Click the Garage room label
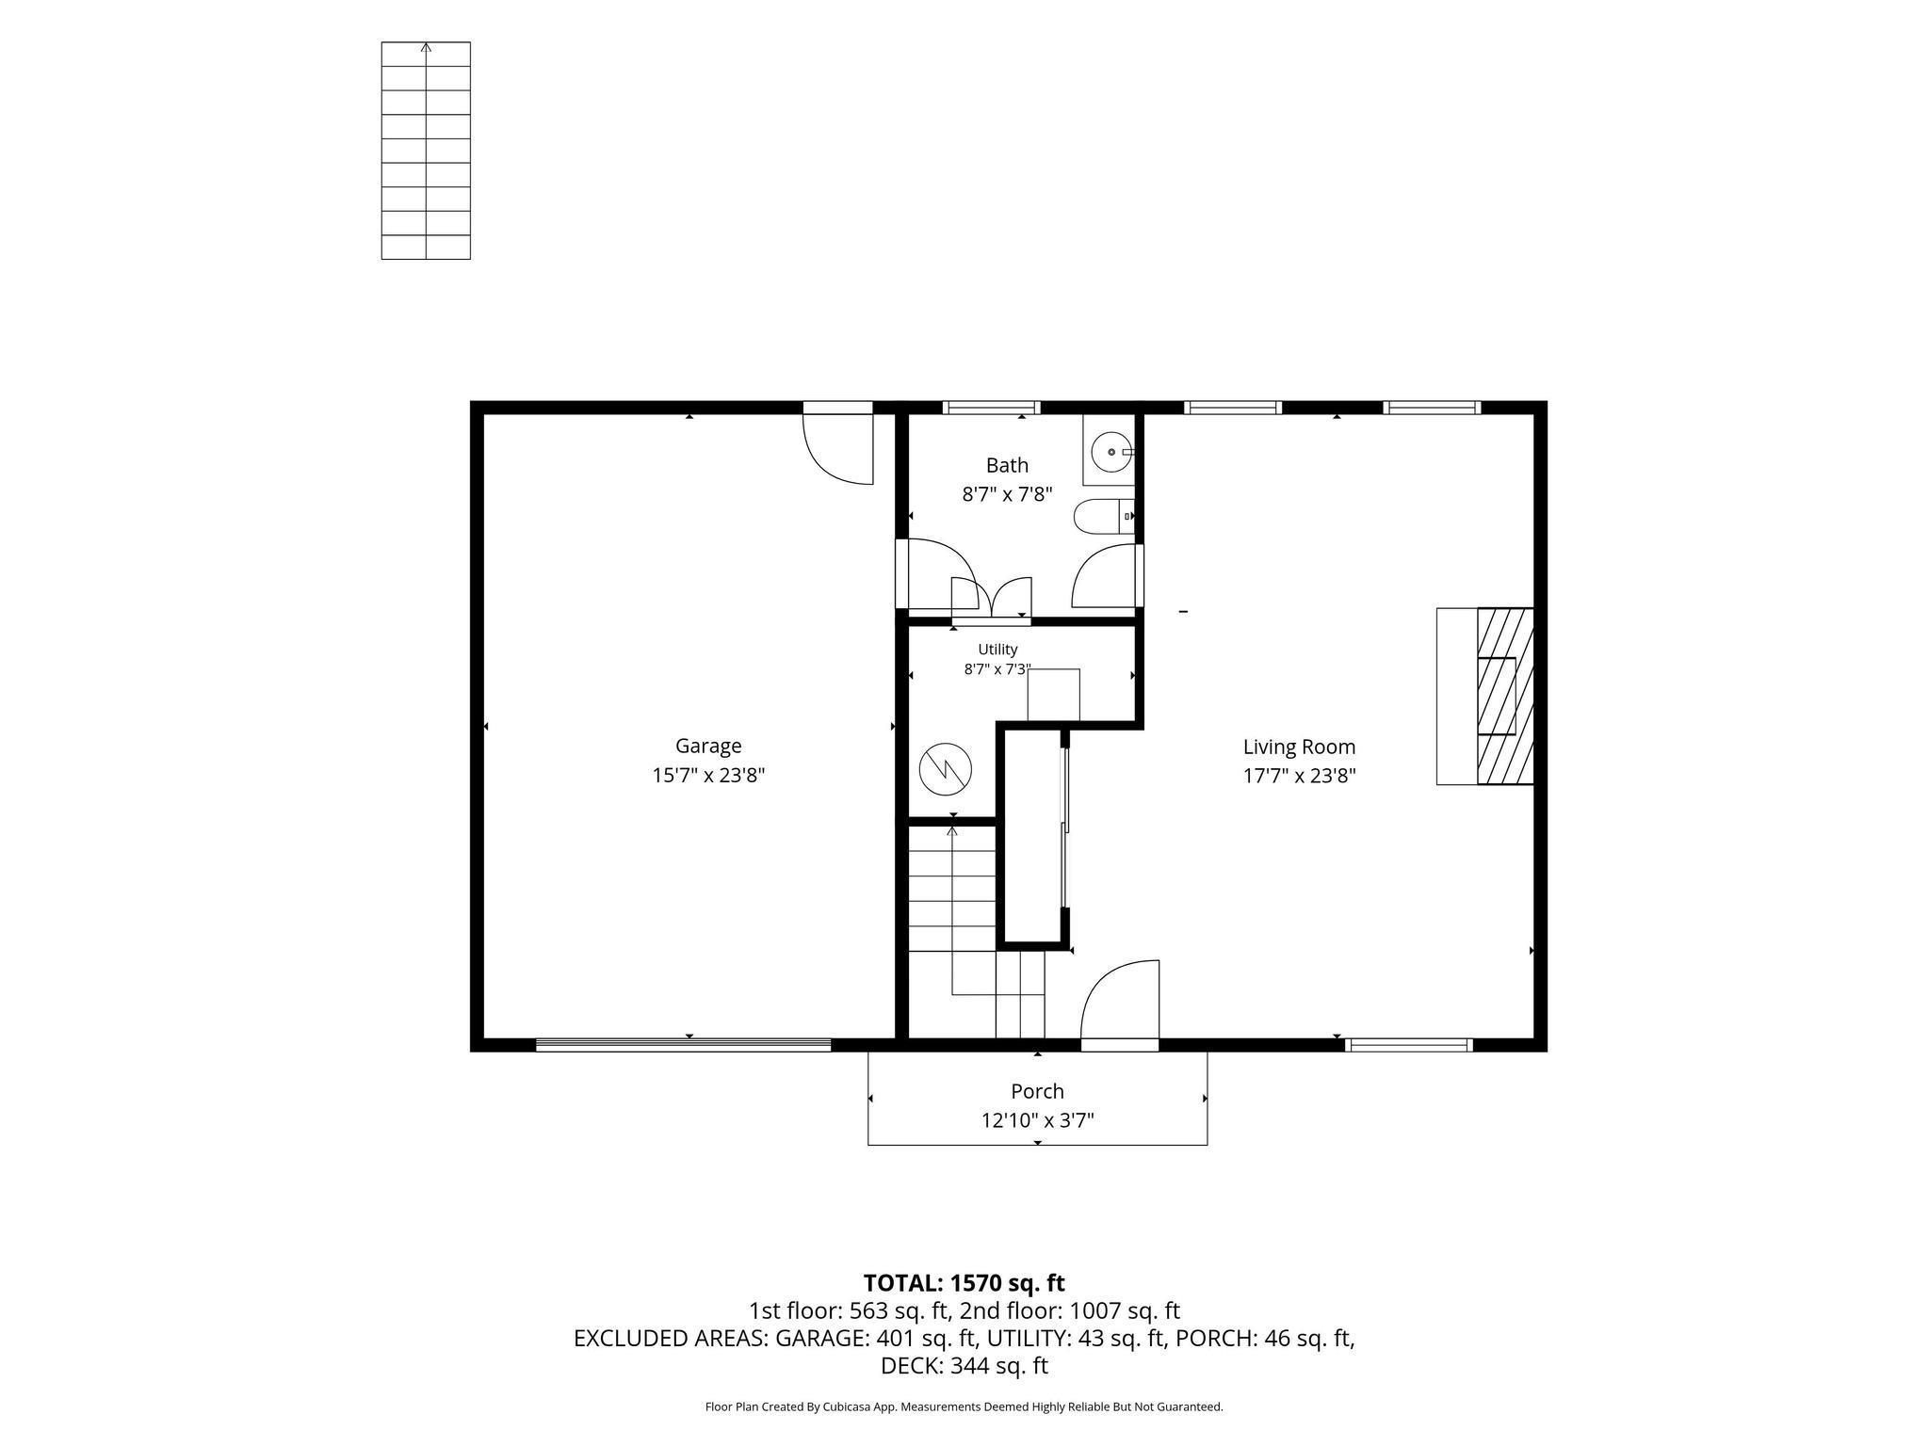tap(708, 746)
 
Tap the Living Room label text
tap(1299, 747)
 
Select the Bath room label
tap(1007, 465)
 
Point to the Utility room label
tap(997, 650)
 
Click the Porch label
tap(1037, 1091)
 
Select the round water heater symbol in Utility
tap(945, 767)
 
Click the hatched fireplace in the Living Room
tap(1504, 696)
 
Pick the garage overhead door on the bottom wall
tap(684, 1044)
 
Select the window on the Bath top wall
tap(992, 408)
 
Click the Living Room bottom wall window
tap(1409, 1044)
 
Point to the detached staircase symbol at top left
tap(426, 151)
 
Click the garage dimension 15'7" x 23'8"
tap(708, 776)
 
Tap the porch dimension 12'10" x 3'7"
tap(1037, 1120)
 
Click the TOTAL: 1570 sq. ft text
tap(964, 1282)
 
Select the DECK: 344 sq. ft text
tap(964, 1365)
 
